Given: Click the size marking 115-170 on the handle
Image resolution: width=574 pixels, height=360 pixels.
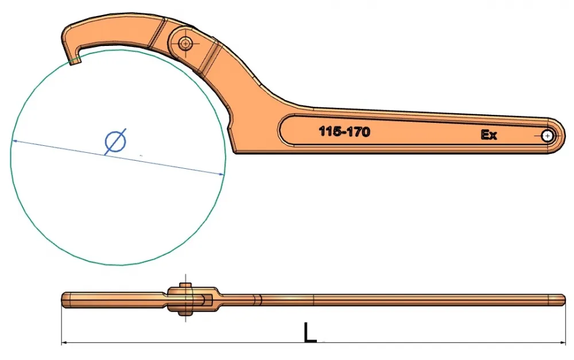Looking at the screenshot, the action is click(x=344, y=131).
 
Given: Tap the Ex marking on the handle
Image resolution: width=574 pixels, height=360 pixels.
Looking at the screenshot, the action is click(x=488, y=135).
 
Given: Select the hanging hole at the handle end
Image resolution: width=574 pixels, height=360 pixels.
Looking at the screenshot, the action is click(x=547, y=136).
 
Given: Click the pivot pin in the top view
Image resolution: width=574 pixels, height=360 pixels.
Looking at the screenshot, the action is click(x=185, y=44).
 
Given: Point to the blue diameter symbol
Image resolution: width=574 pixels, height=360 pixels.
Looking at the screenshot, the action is click(x=115, y=141).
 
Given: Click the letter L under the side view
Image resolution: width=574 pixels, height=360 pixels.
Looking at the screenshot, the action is click(x=310, y=333).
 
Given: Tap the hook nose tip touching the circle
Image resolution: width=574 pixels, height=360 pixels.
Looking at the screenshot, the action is click(x=75, y=61).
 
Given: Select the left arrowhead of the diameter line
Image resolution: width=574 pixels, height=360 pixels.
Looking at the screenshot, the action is click(x=15, y=141).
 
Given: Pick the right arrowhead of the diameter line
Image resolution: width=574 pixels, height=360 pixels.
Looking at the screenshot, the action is click(x=221, y=174).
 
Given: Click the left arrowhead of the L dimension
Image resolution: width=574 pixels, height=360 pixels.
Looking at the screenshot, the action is click(x=64, y=343).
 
